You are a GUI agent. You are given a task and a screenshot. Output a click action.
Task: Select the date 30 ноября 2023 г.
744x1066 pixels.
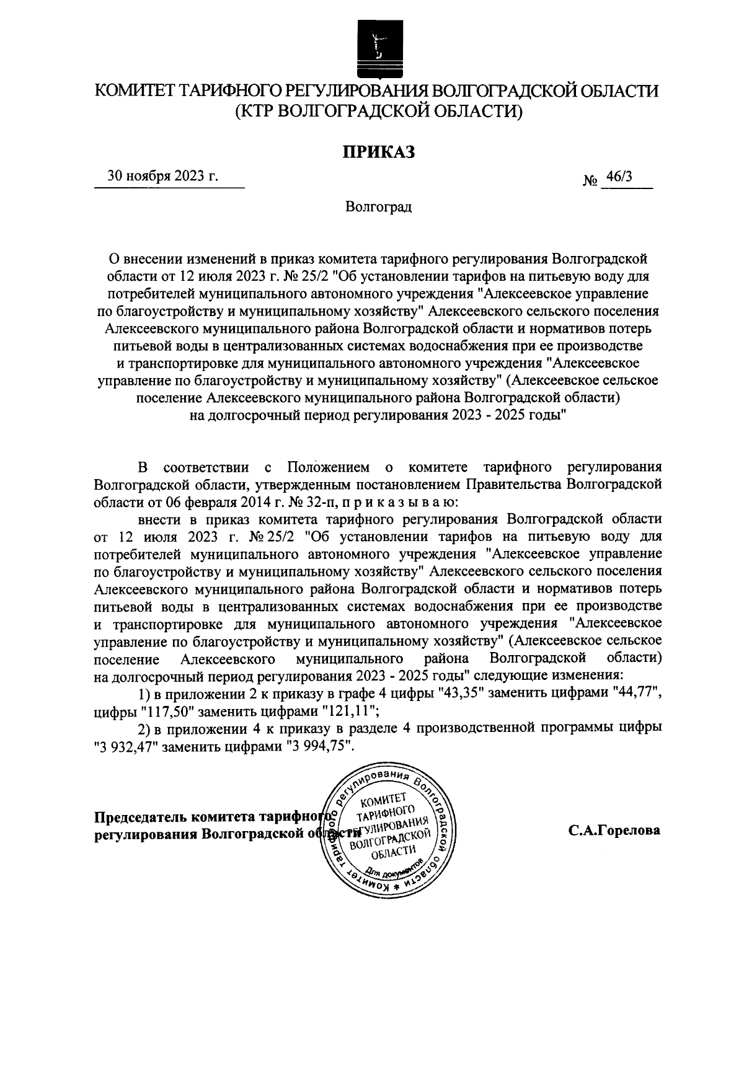click(163, 176)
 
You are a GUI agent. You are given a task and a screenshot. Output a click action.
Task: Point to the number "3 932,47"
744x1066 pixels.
click(129, 747)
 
